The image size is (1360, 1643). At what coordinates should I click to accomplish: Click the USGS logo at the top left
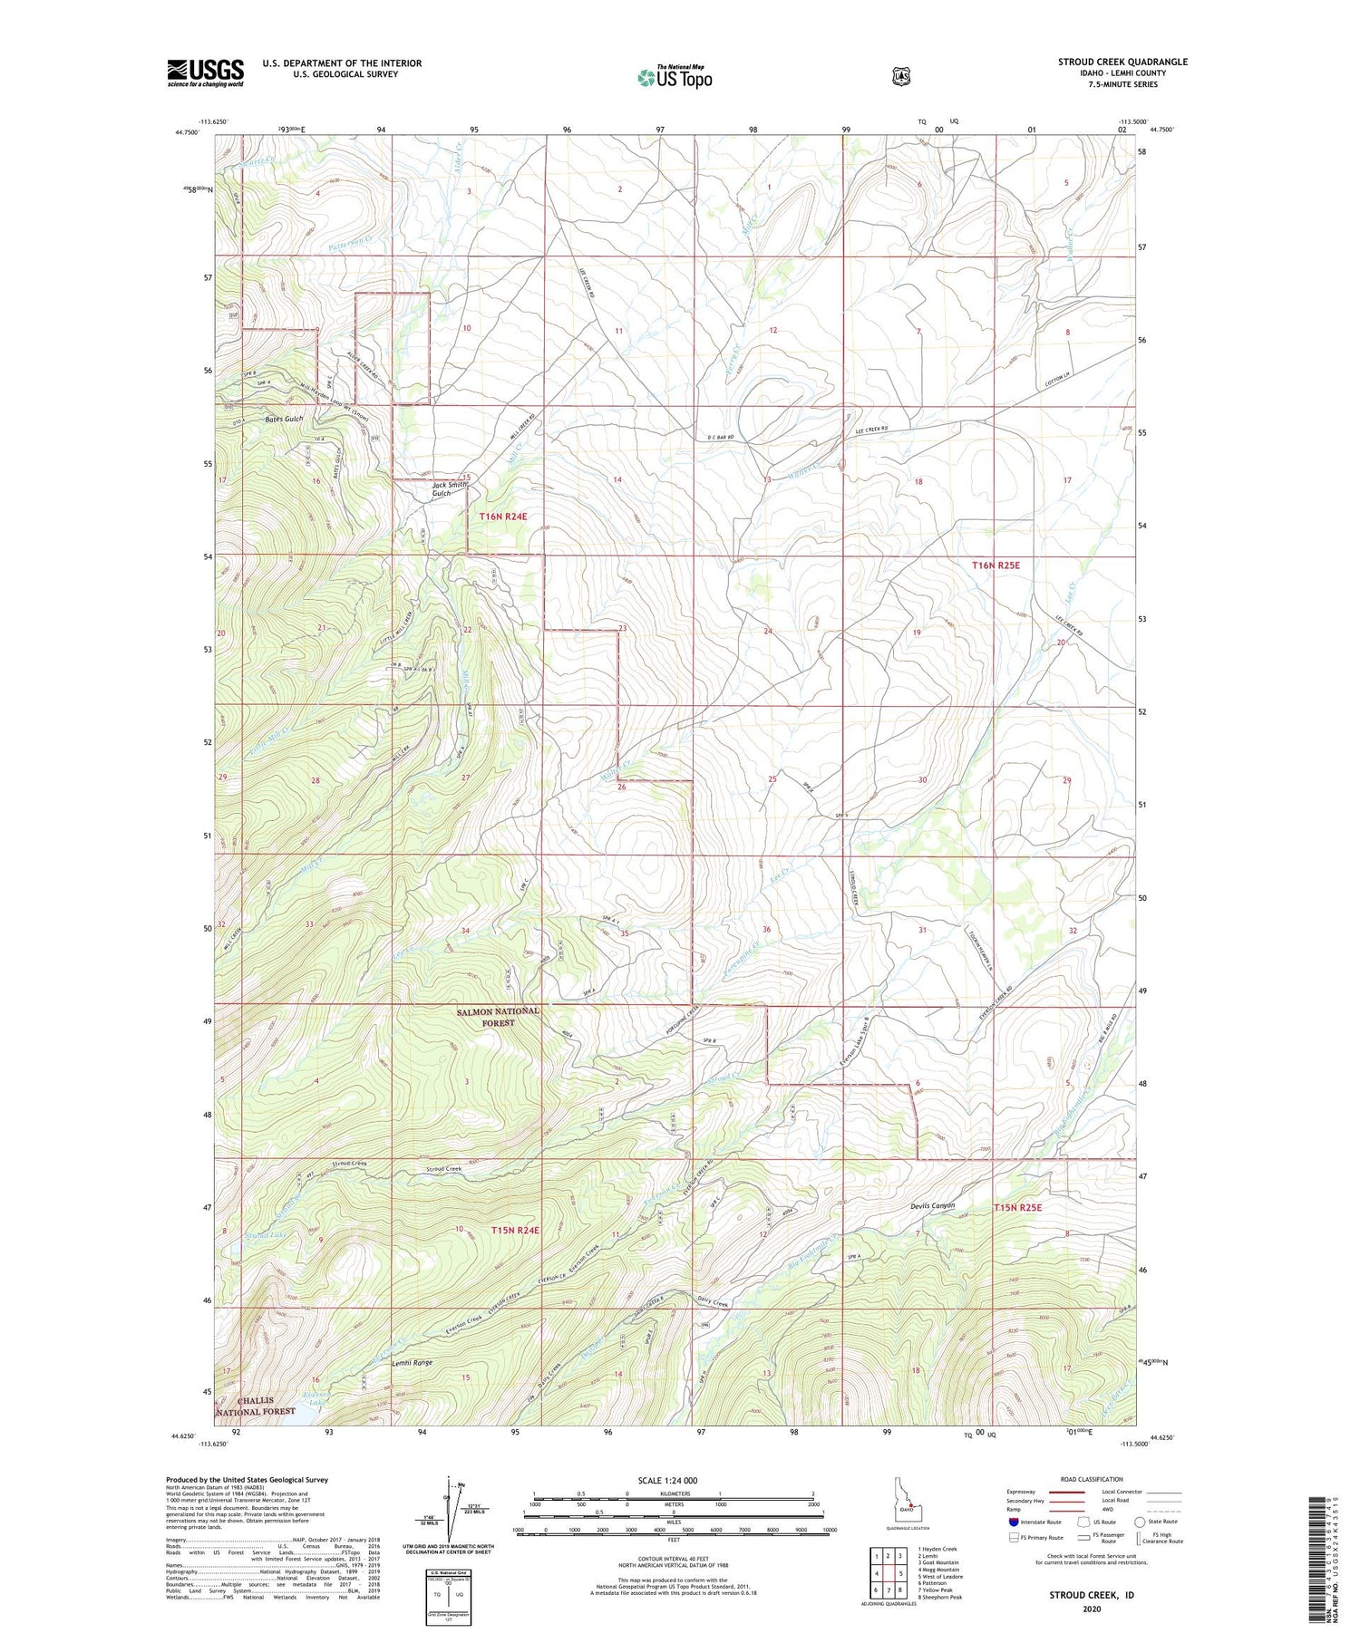(x=205, y=72)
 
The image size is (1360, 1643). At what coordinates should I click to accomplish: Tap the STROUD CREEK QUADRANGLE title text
(x=1122, y=62)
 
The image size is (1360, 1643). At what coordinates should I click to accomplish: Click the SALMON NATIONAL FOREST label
(x=499, y=1017)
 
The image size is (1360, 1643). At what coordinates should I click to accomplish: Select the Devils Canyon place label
(x=933, y=1206)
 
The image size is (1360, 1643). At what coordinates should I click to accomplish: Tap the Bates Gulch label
(x=284, y=420)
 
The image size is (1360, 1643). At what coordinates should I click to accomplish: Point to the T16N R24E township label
(x=502, y=516)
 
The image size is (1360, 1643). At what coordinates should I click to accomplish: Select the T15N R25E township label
(x=1018, y=1208)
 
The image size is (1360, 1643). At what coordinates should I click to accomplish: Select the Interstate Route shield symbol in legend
(x=1014, y=1522)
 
